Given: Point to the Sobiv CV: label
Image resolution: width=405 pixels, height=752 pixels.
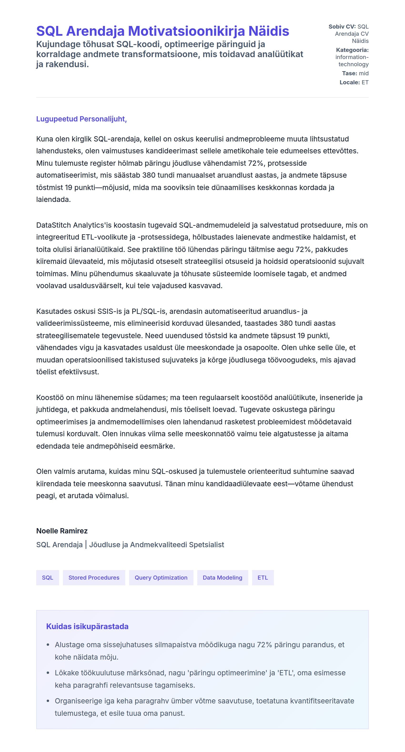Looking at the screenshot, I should (x=342, y=27).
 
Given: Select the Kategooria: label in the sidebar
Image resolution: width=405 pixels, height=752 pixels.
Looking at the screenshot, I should (x=352, y=50).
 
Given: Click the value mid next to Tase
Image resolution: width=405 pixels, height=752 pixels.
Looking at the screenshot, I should (x=364, y=73).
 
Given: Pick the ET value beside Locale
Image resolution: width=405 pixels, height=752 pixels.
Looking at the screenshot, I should (x=365, y=82).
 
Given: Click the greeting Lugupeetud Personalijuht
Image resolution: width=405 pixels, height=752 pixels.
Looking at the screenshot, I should (x=81, y=119).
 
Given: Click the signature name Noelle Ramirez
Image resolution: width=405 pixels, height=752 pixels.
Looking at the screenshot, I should (x=62, y=531).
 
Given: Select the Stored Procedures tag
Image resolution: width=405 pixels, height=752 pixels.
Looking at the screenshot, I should (x=94, y=577).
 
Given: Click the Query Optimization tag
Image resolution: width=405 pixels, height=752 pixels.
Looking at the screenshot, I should (x=161, y=577).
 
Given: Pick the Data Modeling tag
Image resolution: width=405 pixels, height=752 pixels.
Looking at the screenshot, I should (x=222, y=577).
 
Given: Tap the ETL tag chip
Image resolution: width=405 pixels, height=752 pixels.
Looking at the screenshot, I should (x=263, y=577).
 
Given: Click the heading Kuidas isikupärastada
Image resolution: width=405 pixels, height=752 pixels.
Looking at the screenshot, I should (x=87, y=627).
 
